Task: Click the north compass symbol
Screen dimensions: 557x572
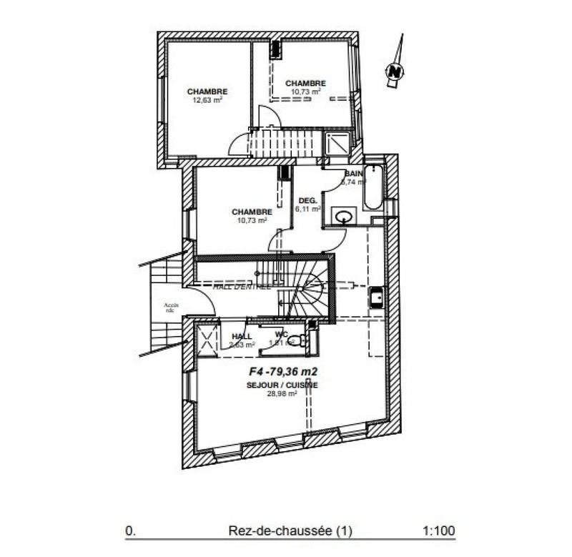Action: click(394, 69)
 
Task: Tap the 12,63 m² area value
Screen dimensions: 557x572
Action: click(207, 101)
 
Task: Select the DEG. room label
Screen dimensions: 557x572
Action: click(307, 200)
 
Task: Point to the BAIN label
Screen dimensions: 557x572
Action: click(354, 174)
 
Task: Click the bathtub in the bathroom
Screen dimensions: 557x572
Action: click(373, 188)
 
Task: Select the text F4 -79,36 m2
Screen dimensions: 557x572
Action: click(282, 371)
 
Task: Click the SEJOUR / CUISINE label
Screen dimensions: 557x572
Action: click(282, 385)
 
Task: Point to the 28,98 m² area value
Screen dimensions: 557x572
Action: click(282, 393)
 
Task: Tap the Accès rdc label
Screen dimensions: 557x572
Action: click(171, 307)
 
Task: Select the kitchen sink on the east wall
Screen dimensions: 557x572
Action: click(376, 297)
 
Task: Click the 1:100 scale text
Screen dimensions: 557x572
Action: click(439, 531)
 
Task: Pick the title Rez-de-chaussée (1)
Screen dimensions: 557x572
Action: click(290, 531)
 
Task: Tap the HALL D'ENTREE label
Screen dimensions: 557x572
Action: click(242, 287)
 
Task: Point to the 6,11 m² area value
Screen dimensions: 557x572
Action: click(306, 210)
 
